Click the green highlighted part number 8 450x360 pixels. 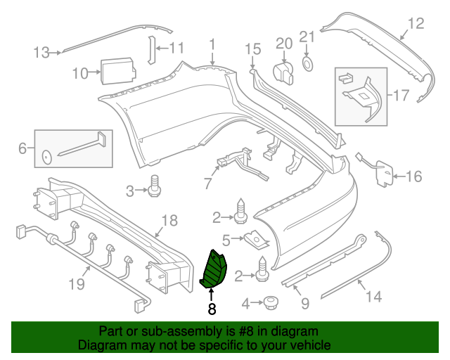tap(213, 271)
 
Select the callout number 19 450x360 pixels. tap(77, 284)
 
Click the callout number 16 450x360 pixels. tap(414, 176)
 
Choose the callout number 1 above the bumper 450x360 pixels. tap(212, 46)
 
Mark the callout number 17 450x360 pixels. tap(401, 93)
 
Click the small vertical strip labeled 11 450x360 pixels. tap(149, 49)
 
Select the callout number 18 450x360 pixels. tap(169, 222)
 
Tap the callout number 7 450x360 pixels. tap(207, 184)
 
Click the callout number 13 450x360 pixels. tap(41, 51)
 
